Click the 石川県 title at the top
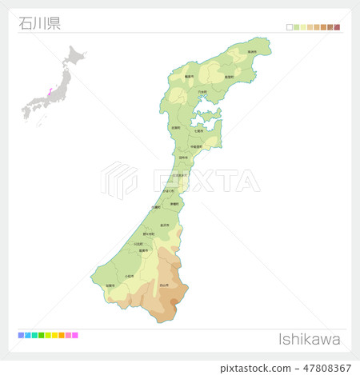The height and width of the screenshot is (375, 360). pyautogui.click(x=39, y=22)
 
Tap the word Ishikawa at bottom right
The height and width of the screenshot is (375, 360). pyautogui.click(x=309, y=339)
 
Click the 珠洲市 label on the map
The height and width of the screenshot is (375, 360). pyautogui.click(x=251, y=51)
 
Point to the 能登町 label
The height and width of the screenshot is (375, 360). pyautogui.click(x=229, y=78)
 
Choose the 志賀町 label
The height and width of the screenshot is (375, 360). pyautogui.click(x=175, y=127)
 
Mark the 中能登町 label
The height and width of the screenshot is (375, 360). pyautogui.click(x=196, y=146)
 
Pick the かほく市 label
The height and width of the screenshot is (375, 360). pyautogui.click(x=169, y=191)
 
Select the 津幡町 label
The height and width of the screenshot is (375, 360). pyautogui.click(x=174, y=204)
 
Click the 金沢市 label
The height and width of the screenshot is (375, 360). pyautogui.click(x=164, y=225)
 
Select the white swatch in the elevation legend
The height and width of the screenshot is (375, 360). pyautogui.click(x=290, y=27)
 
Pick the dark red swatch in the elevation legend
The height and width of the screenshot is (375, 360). pyautogui.click(x=338, y=27)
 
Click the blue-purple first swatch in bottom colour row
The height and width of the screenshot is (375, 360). pyautogui.click(x=21, y=335)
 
